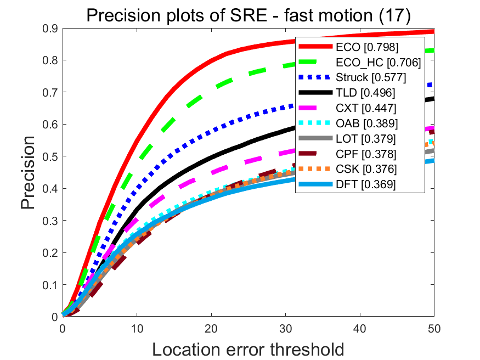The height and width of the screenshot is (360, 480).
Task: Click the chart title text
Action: coord(248,15)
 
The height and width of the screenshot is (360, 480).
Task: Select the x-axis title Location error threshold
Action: coord(248,349)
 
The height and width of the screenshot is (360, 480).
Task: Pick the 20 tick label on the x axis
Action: coord(211,328)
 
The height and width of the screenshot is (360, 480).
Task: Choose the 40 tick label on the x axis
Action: coord(360,328)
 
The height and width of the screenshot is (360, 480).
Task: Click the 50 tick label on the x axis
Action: coord(434,328)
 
